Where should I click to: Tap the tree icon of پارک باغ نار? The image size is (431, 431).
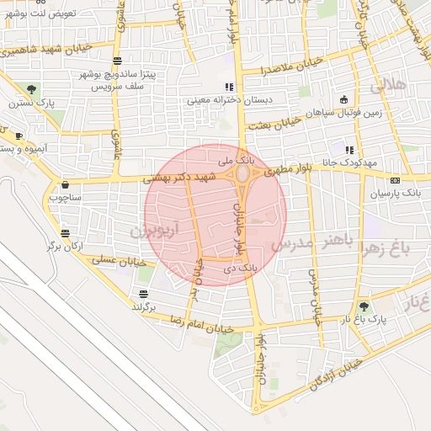(x=364, y=308)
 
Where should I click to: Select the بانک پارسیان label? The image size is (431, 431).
(x=396, y=194)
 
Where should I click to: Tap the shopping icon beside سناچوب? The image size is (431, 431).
(x=65, y=185)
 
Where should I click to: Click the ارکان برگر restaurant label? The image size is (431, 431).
(x=64, y=247)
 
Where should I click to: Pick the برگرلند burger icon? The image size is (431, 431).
(x=143, y=294)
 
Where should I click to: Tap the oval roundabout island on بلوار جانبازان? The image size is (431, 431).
(x=242, y=174)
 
